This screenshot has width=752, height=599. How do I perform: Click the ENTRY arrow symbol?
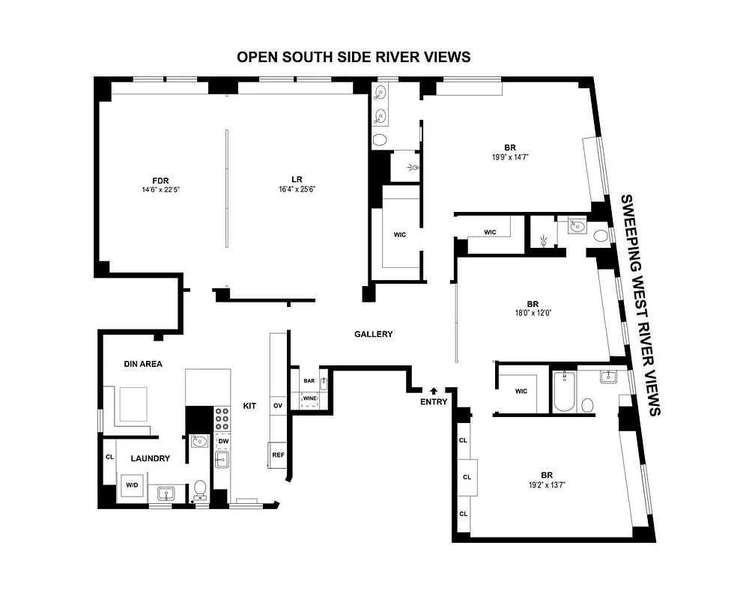coord(434,390)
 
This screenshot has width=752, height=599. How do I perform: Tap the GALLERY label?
coord(373,334)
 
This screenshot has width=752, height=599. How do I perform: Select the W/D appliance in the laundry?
coord(132,485)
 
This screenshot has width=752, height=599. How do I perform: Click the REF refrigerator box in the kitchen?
coord(278,454)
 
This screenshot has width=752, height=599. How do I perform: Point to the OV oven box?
coord(277,405)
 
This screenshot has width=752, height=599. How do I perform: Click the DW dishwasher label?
coord(223,441)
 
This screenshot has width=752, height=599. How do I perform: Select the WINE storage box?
coord(309,399)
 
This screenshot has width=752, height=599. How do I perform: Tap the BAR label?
coord(309,380)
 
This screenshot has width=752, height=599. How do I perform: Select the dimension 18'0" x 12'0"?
coord(533,313)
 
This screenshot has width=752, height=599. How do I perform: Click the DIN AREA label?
coord(143,364)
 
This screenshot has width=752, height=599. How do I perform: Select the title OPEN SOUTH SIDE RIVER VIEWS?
coord(354,58)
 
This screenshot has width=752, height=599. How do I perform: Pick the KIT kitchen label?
coord(249,406)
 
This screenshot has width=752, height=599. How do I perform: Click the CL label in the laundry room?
coord(109,456)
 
